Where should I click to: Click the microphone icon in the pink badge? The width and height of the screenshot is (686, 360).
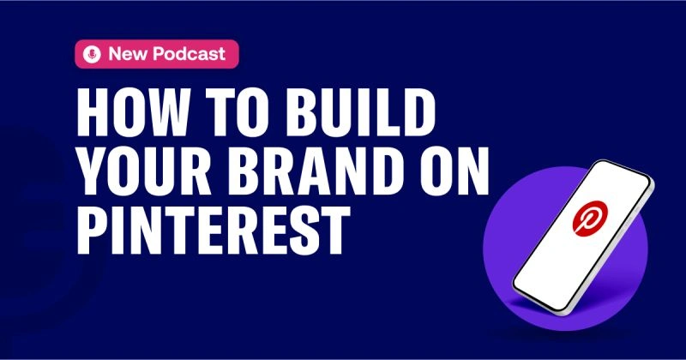[92, 54]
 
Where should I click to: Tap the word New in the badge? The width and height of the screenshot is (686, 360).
[128, 54]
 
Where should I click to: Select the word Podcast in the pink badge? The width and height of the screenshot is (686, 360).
[189, 54]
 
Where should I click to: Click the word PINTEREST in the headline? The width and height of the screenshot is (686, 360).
[214, 231]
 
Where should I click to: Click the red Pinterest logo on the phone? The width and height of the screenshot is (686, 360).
[590, 219]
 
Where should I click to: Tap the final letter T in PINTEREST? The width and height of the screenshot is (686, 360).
[336, 231]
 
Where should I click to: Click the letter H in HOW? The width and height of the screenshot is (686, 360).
[93, 112]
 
